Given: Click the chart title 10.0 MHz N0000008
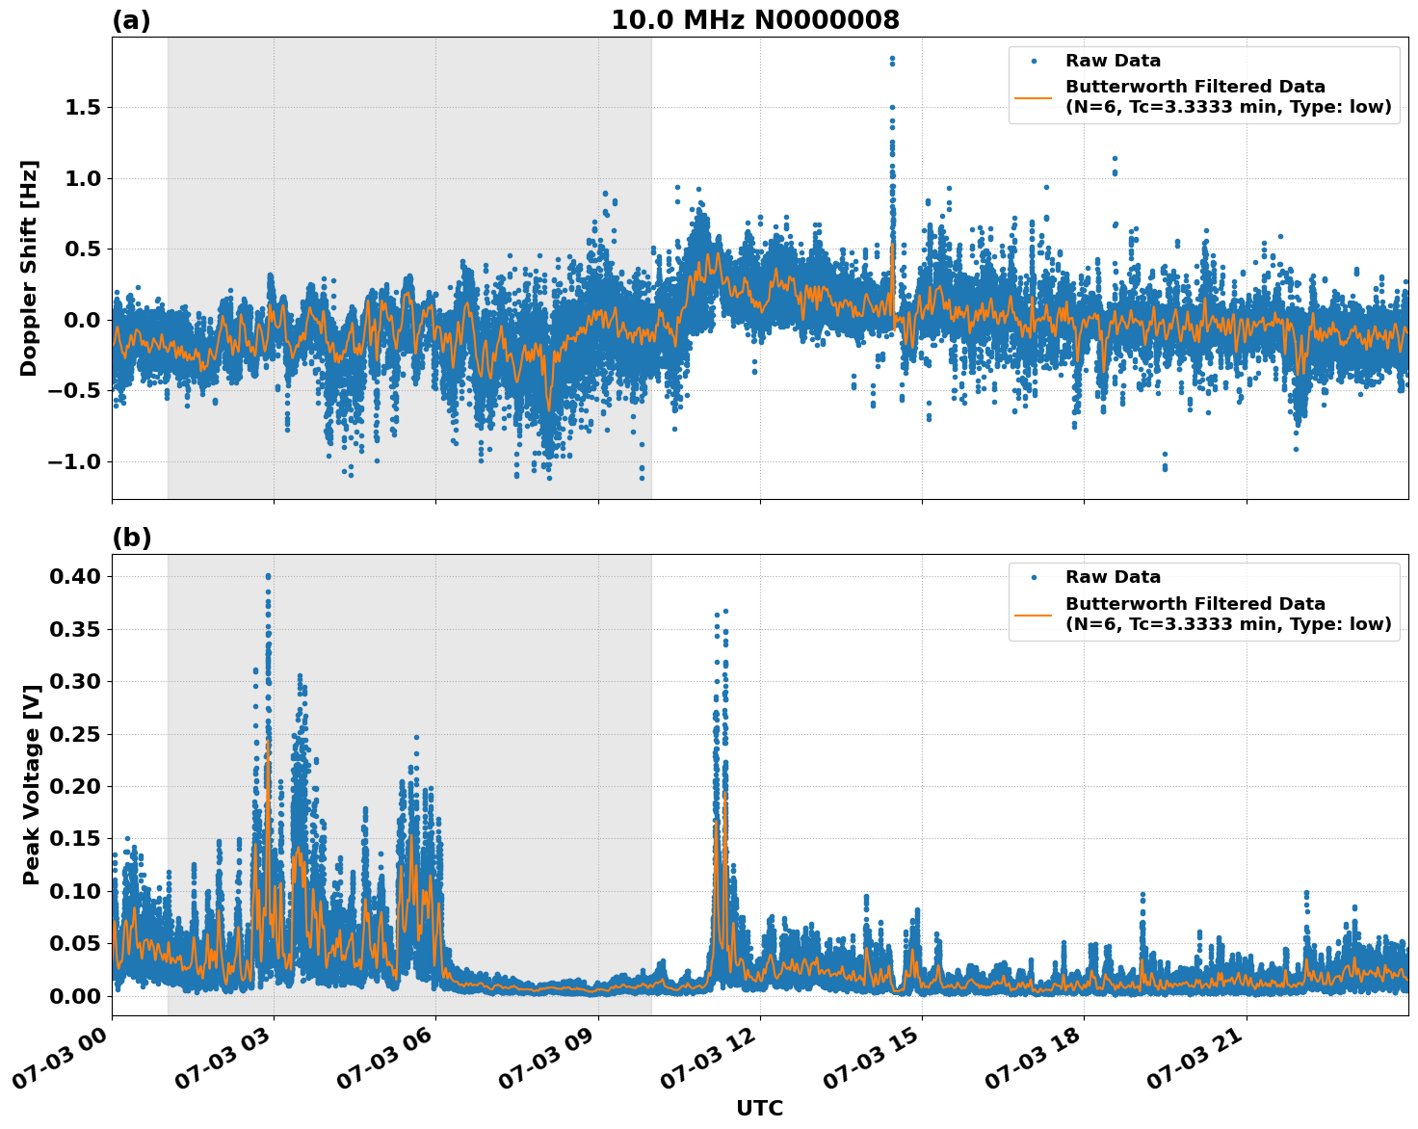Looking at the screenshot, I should (x=755, y=20).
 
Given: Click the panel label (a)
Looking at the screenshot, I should (x=131, y=20).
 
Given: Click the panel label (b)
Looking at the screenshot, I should (x=131, y=538).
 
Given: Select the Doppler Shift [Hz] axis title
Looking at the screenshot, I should (x=29, y=268).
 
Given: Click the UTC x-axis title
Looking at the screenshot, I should (x=759, y=1108).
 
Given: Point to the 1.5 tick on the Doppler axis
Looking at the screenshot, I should (x=82, y=107).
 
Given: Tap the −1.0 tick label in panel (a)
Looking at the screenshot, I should (x=74, y=461).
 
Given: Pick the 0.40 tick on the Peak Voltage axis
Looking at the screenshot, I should (x=74, y=576).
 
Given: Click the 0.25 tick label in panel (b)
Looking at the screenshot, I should (x=74, y=734).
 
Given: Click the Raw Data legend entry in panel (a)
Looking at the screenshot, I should (x=1113, y=61).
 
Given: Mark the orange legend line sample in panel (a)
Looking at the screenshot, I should (x=1034, y=97).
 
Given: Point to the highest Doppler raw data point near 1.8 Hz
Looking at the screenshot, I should (x=892, y=59).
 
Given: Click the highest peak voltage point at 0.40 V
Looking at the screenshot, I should (x=268, y=576).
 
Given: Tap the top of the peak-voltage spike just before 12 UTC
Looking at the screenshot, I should (x=725, y=611).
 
